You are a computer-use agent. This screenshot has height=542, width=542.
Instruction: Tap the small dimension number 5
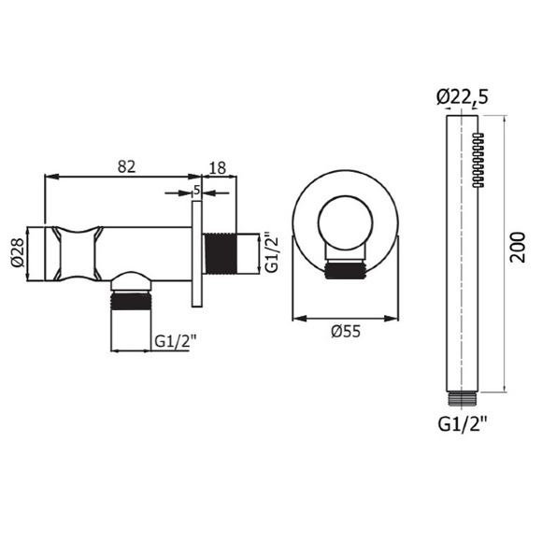[196, 190]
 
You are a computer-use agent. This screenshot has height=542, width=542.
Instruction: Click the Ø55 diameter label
[347, 330]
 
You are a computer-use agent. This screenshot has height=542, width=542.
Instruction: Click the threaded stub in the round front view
[343, 270]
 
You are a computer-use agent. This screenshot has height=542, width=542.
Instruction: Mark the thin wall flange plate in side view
[196, 254]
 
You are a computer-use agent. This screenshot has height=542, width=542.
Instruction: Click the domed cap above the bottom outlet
[131, 281]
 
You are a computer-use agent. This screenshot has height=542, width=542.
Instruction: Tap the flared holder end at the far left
[59, 253]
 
